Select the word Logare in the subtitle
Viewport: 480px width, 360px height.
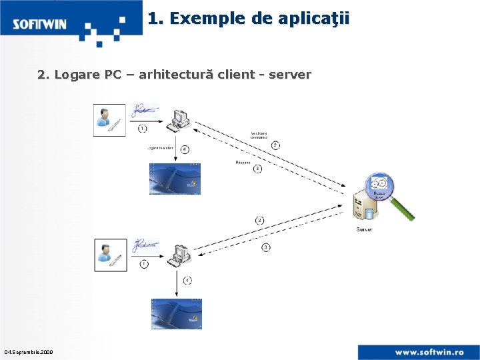[x=77, y=75]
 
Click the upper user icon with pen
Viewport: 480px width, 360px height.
[x=109, y=120]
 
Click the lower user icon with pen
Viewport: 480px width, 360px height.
[x=110, y=255]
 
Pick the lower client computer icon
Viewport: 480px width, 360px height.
[x=180, y=254]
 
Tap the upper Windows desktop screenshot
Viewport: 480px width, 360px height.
[x=175, y=178]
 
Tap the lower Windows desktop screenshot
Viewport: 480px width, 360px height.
[x=176, y=313]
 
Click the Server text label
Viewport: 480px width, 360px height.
[x=365, y=229]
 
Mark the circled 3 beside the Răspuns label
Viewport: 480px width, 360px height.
[x=257, y=169]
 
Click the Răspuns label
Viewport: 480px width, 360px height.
[x=243, y=161]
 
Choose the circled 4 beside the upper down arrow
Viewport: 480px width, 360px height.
[x=184, y=149]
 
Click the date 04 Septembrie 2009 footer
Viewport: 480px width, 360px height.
[x=28, y=351]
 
